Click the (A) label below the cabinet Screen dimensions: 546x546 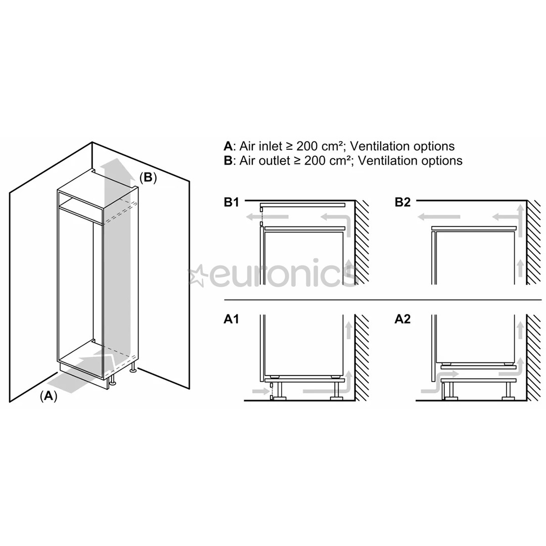coord(49,396)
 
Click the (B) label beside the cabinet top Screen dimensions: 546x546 coord(148,177)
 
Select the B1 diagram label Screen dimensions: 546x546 coord(232,202)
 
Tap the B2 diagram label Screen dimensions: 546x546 coord(402,202)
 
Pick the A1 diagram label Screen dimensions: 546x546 coord(232,320)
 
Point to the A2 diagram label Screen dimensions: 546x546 coord(402,320)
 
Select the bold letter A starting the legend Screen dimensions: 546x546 coord(228,147)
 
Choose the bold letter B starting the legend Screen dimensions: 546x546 coord(228,161)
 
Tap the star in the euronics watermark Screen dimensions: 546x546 coord(196,276)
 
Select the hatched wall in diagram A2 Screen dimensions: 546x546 coord(533,356)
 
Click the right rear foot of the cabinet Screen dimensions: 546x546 coord(133,370)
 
